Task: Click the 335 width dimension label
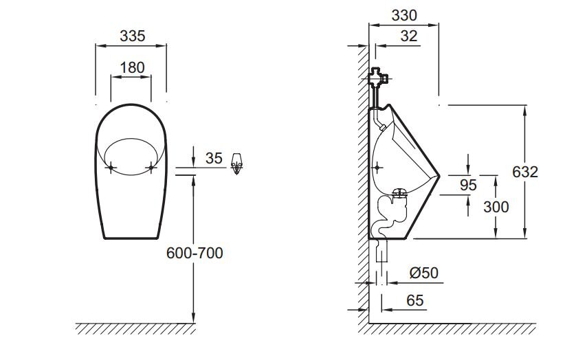coord(133,36)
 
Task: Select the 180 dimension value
coord(132,68)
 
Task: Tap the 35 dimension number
coord(214,158)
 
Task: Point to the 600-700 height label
coord(195,253)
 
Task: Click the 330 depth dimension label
coord(404,15)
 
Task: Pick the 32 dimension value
coord(409,36)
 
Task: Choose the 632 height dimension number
coord(525,172)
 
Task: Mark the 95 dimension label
coord(468,185)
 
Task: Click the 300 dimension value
coord(496,207)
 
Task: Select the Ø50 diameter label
coord(424,273)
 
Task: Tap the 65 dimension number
coord(414,300)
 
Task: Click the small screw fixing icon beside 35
coord(236,164)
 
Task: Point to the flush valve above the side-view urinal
coord(378,78)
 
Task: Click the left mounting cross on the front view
coord(111,167)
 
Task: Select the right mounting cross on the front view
coord(151,167)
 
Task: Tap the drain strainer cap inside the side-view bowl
coord(400,193)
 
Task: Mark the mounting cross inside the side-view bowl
coord(377,167)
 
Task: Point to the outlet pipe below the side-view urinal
coord(381,251)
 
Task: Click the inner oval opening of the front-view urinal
coord(131,139)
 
